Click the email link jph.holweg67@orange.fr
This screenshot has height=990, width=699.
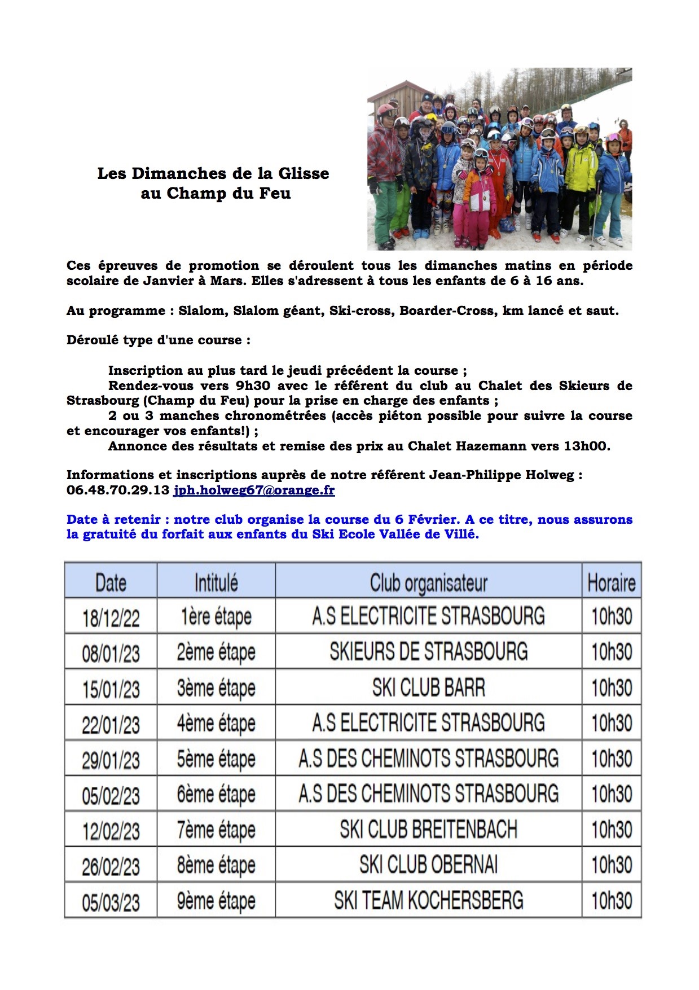[x=254, y=490]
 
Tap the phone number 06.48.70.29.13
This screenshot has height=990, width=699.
[x=117, y=490]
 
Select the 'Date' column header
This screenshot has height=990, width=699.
[x=111, y=582]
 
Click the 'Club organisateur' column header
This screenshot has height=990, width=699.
[x=428, y=582]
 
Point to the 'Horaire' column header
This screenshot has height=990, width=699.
[x=611, y=582]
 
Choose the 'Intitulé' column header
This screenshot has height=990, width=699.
[x=216, y=582]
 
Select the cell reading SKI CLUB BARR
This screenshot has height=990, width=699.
[x=428, y=687]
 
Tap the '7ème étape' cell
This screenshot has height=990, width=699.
[x=216, y=830]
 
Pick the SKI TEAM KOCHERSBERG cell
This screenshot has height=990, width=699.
[x=428, y=900]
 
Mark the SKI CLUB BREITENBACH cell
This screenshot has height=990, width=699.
[x=428, y=830]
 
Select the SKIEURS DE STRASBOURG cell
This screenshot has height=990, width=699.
[x=428, y=652]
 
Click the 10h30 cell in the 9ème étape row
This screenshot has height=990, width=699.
[x=611, y=900]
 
